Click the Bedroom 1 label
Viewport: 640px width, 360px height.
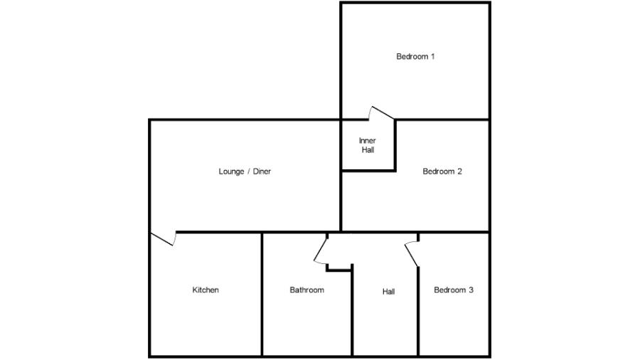coord(415,56)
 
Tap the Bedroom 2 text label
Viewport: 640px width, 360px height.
coord(442,171)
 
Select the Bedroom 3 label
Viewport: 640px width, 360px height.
coord(454,290)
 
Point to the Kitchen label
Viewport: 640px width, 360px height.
coord(206,290)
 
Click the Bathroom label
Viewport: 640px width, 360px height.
coord(306,290)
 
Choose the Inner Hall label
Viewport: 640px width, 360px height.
coord(367,145)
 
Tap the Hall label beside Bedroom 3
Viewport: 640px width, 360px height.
coord(388,291)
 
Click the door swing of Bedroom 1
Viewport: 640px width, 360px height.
coord(381,113)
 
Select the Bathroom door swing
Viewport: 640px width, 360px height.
coord(321,249)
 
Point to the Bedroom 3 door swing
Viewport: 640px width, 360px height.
coord(412,253)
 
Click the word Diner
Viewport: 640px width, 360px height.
coord(261,171)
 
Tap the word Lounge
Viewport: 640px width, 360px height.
coord(231,171)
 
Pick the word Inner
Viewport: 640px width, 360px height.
coord(367,140)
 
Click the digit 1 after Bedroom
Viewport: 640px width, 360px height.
coord(432,56)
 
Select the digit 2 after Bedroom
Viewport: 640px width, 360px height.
coord(460,171)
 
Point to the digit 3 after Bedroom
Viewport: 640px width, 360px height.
coord(471,290)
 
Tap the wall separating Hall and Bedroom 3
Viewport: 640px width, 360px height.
coord(418,313)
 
